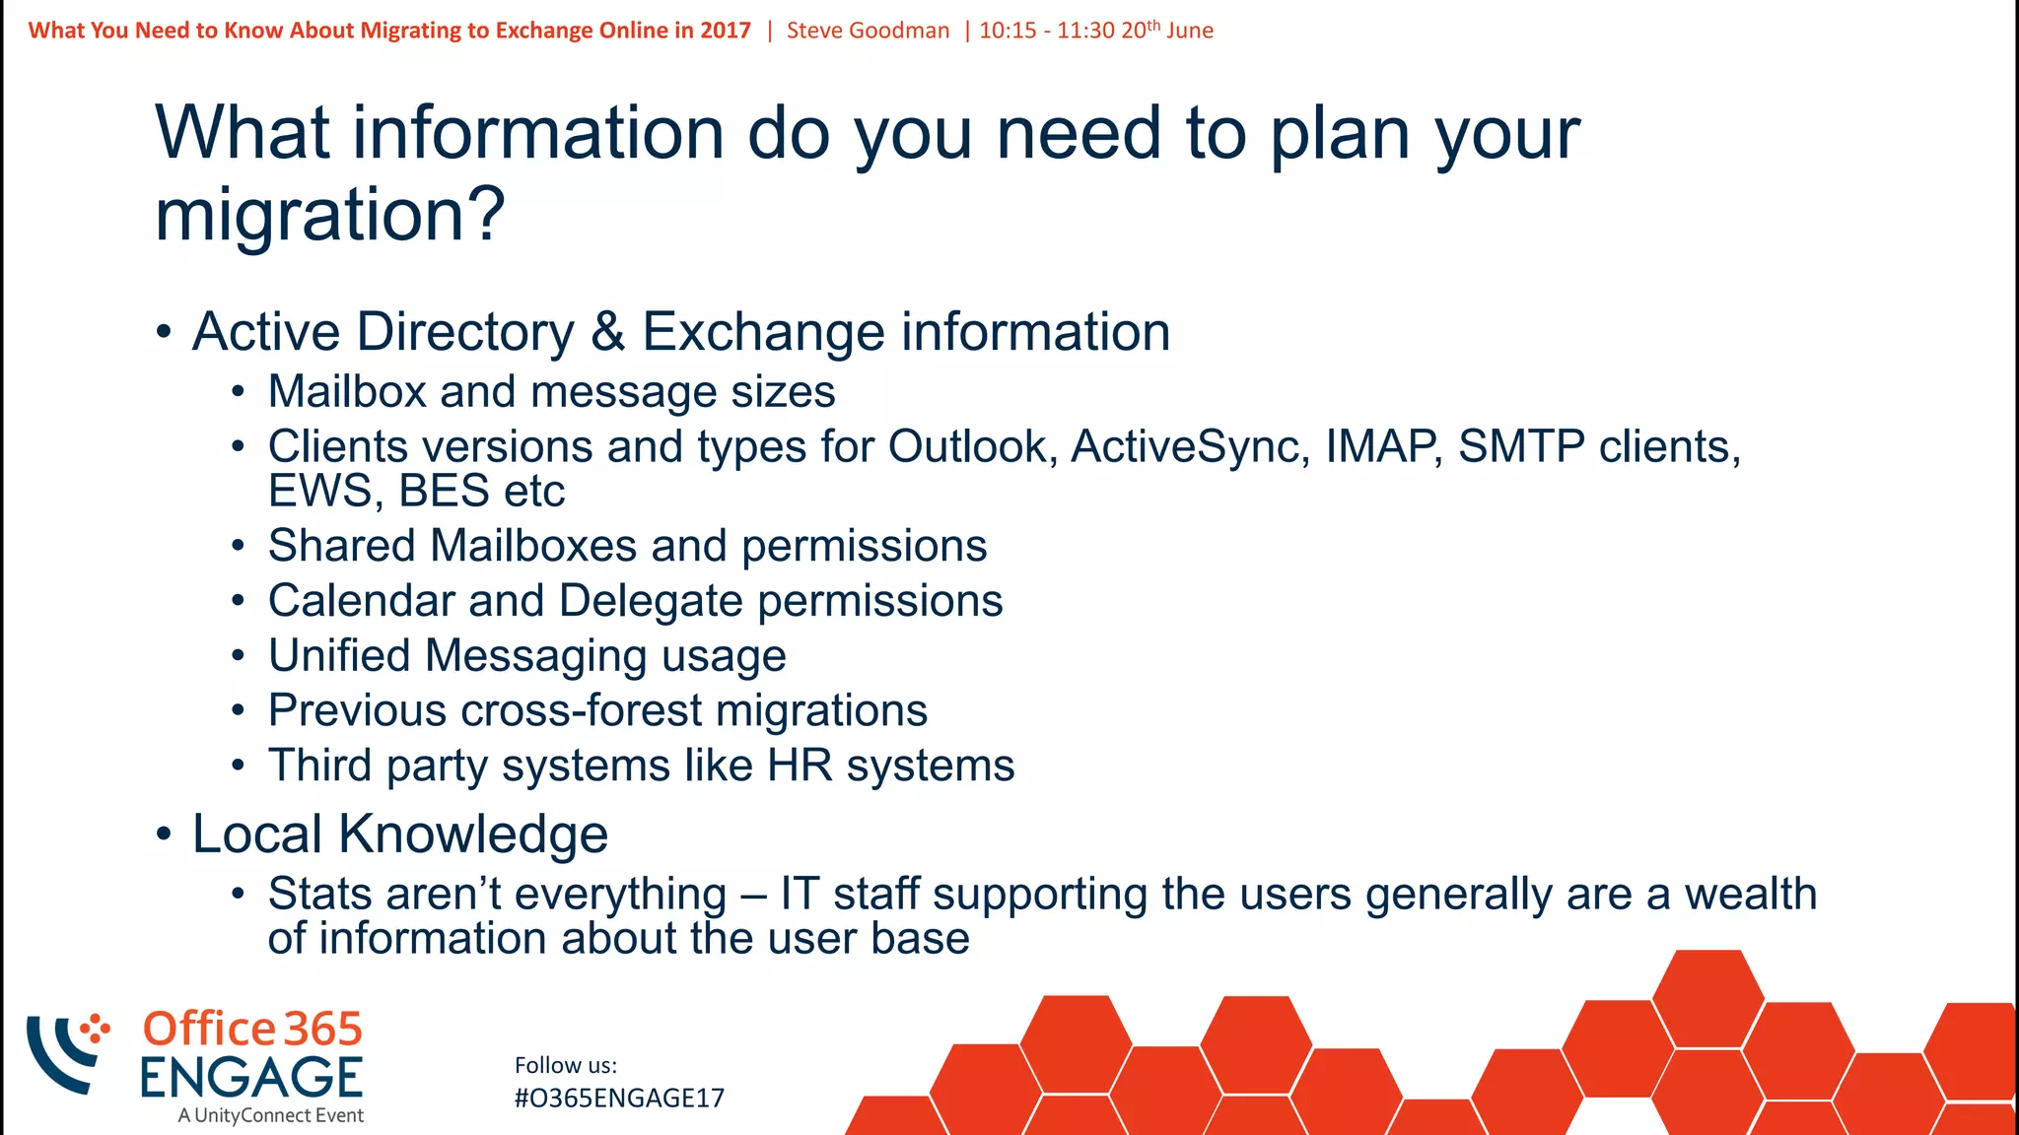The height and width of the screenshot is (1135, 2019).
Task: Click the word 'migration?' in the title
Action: coord(329,216)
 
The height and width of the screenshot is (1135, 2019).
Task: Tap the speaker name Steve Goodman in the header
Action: coord(868,31)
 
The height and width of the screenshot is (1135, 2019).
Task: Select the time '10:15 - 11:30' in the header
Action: coord(1047,31)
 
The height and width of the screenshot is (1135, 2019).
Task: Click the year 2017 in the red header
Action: coord(726,31)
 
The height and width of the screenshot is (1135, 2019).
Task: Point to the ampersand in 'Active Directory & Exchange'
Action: coord(607,332)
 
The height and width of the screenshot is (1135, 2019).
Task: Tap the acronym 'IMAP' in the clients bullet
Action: coord(1382,447)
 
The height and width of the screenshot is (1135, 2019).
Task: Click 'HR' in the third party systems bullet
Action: coord(800,767)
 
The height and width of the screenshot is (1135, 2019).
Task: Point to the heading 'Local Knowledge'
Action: coord(399,835)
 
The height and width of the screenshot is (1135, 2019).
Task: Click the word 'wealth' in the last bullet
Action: coord(1750,895)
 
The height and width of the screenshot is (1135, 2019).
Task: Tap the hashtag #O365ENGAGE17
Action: coord(619,1099)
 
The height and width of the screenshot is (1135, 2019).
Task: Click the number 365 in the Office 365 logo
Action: coord(323,1030)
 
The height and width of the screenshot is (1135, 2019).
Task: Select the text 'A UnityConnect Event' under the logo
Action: coord(271,1116)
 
